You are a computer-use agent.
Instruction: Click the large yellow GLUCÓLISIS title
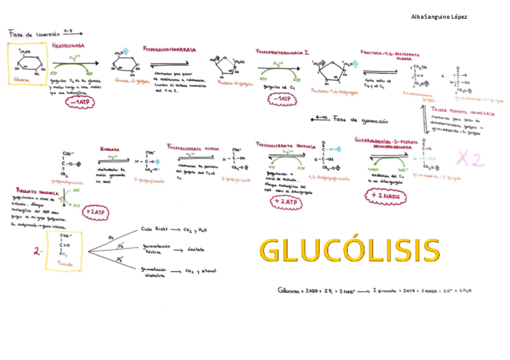tap(349, 251)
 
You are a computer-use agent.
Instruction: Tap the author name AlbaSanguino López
tap(439, 16)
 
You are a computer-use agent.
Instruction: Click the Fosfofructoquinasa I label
tap(283, 53)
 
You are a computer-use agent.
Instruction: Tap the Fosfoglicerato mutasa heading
tap(192, 147)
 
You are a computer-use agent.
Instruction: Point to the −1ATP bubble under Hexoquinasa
tap(81, 102)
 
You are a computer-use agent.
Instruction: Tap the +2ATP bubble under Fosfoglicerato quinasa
tap(285, 203)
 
